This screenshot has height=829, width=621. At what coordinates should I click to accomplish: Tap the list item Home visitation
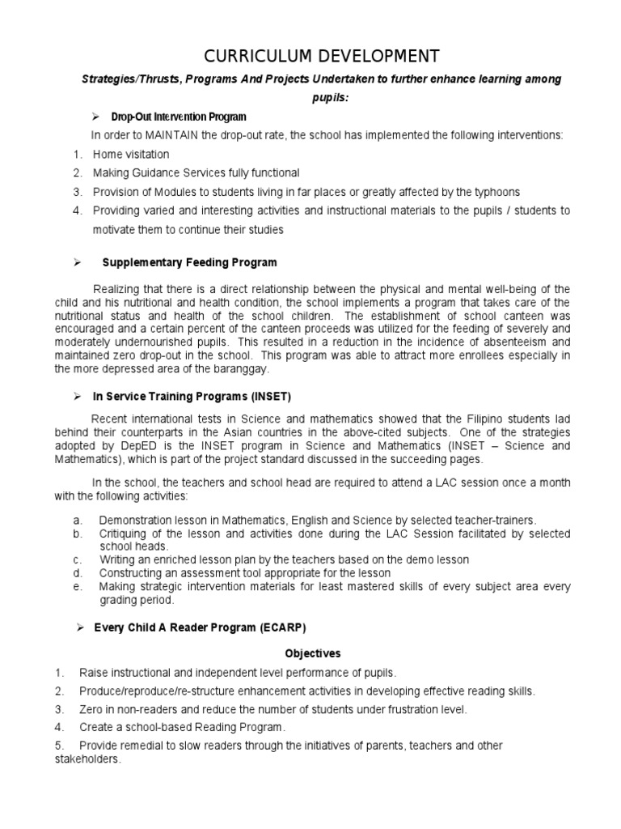(131, 154)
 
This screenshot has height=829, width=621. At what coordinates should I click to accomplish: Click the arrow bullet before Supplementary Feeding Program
(78, 262)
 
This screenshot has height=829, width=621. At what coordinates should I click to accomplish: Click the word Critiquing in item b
(126, 534)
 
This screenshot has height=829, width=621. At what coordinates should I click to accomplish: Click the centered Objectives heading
(312, 653)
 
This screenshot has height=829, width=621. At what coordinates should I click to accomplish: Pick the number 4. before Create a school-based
(60, 727)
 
